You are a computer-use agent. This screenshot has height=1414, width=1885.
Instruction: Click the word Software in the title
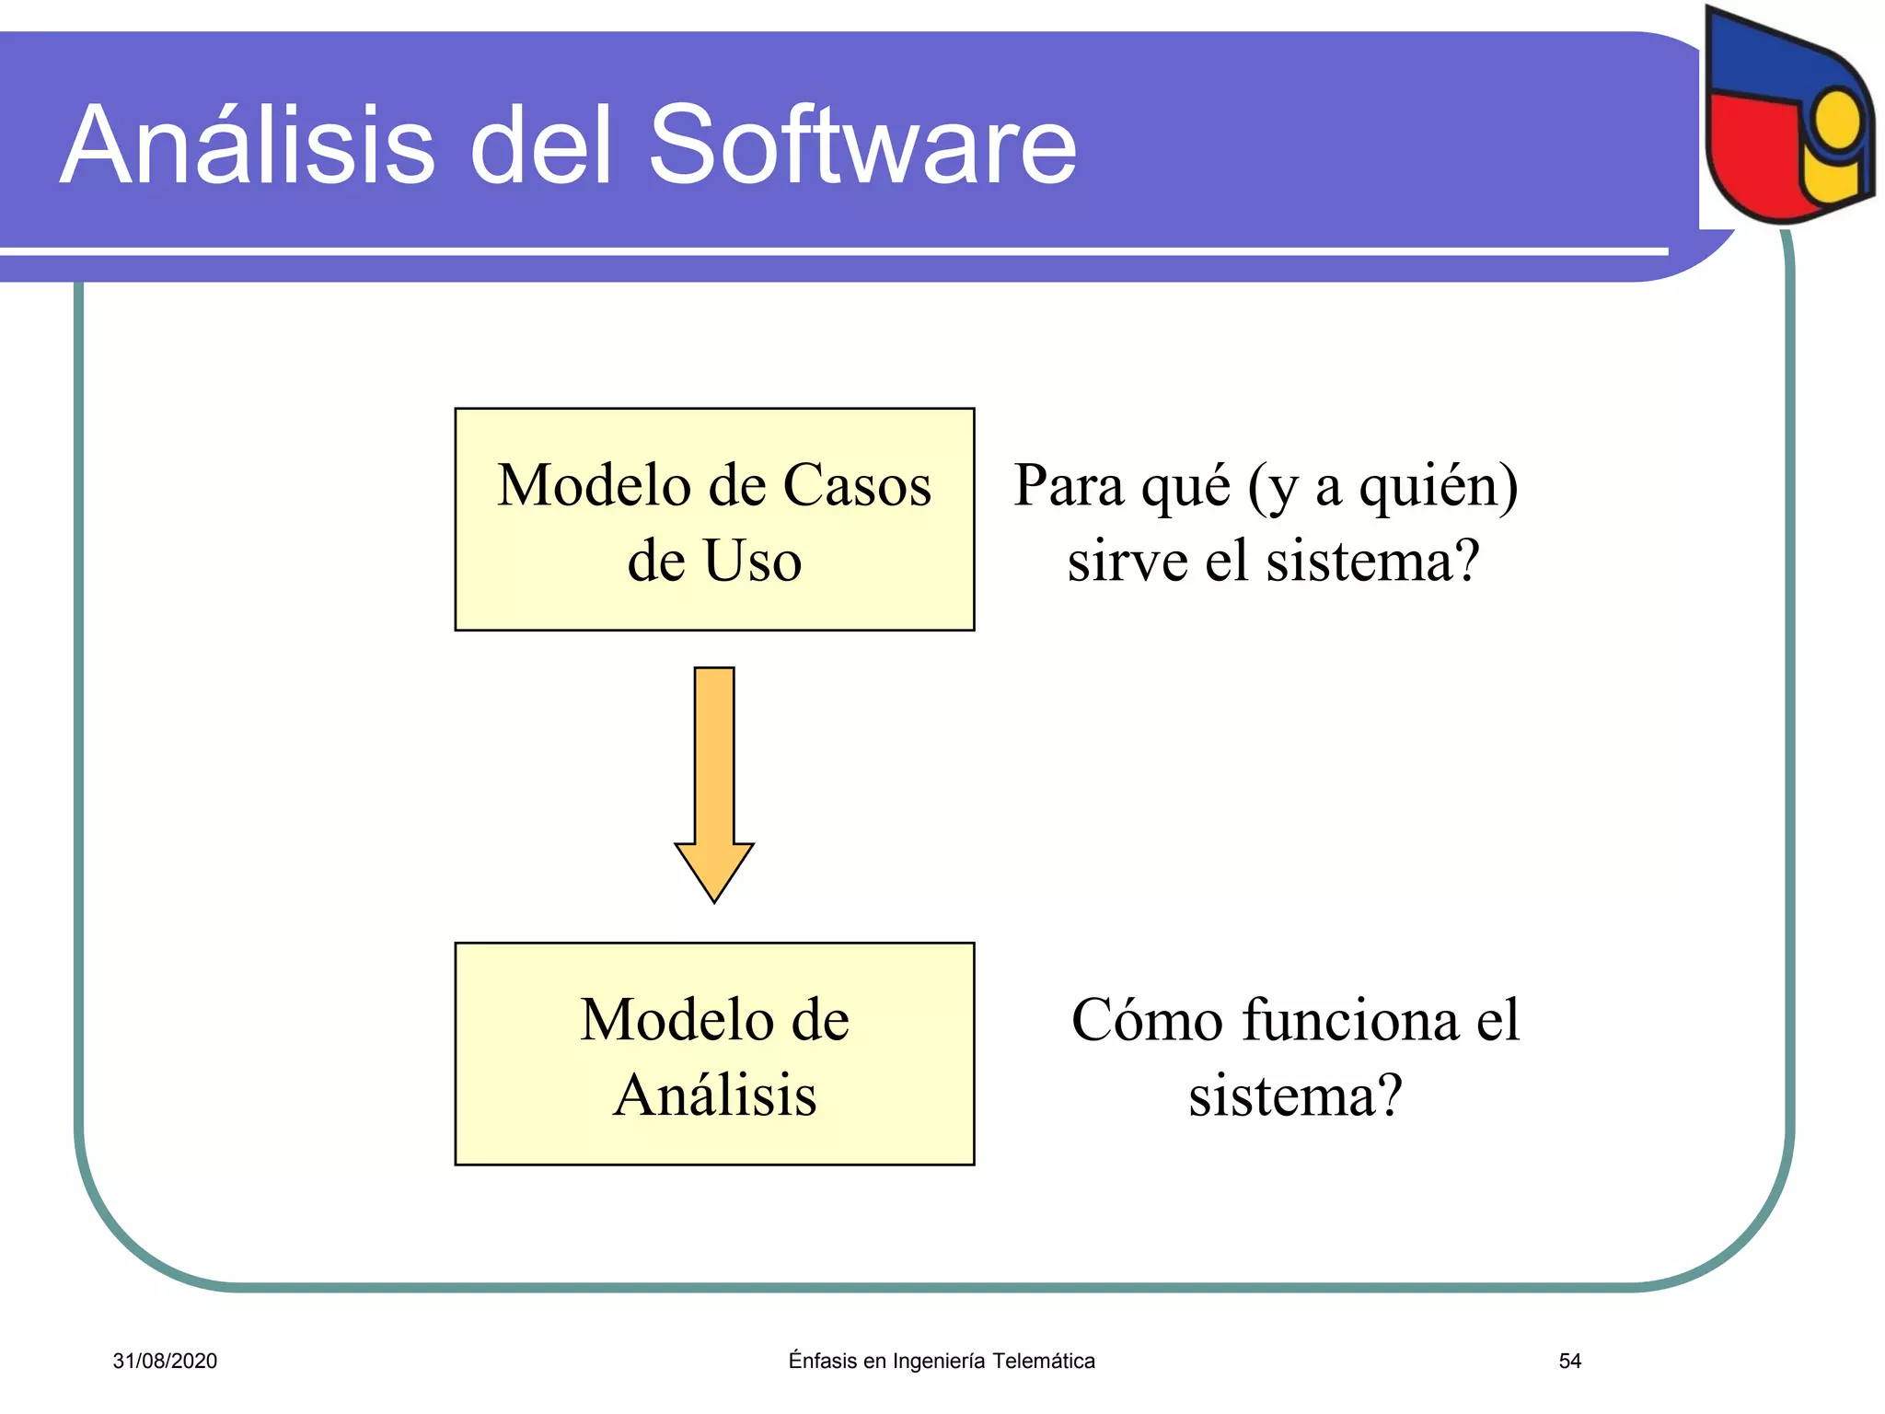pos(862,145)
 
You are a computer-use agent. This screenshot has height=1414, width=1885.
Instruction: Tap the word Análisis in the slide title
pos(248,145)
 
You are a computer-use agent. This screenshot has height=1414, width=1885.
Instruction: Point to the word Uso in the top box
pos(752,561)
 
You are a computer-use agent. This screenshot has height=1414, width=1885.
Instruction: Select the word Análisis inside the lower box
pos(714,1095)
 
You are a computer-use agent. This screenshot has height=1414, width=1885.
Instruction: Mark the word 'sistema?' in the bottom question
pos(1295,1095)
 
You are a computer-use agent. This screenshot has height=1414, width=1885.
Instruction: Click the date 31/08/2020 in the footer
pos(165,1361)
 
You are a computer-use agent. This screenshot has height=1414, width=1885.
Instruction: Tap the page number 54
pos(1569,1361)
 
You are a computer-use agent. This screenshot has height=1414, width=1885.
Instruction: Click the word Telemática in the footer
pos(1044,1361)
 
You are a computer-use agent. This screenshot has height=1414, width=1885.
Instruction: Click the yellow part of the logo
pos(1835,147)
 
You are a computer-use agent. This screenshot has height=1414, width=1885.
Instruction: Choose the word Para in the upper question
pos(1068,485)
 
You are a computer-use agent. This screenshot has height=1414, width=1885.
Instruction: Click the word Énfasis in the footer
pos(822,1361)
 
